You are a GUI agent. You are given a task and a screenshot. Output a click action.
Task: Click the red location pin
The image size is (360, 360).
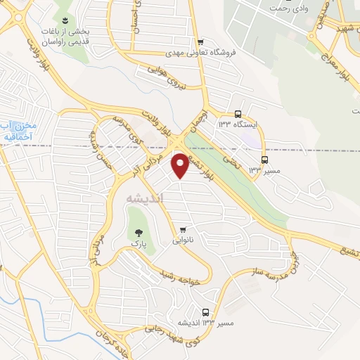[181, 165]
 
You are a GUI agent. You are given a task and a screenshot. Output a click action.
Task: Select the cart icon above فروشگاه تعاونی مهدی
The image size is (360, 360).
[201, 41]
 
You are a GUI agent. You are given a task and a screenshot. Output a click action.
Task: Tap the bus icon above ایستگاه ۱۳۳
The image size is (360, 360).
[238, 113]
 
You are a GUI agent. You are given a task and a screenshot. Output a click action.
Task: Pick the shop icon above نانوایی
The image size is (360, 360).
[183, 229]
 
